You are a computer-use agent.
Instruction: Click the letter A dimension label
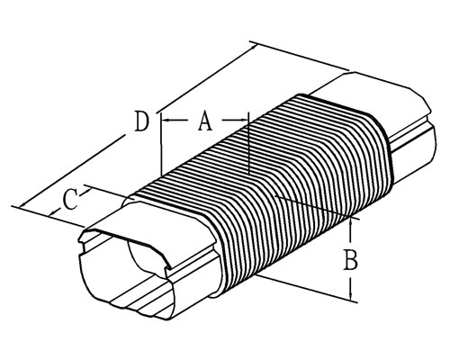coord(205,121)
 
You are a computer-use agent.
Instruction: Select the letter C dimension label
coord(70,199)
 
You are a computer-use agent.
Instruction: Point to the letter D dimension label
coord(141,121)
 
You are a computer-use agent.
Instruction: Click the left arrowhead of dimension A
coord(165,121)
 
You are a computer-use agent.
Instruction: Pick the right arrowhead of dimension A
coord(245,121)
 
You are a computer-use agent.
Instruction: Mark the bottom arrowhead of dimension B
coord(350,296)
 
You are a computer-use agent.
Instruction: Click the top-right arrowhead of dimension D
coord(254,47)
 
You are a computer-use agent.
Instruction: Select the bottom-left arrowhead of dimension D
coord(22,204)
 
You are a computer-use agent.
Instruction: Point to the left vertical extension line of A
coord(161,144)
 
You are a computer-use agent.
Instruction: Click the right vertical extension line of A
coord(248,143)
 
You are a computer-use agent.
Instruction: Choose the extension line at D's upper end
coord(300,57)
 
